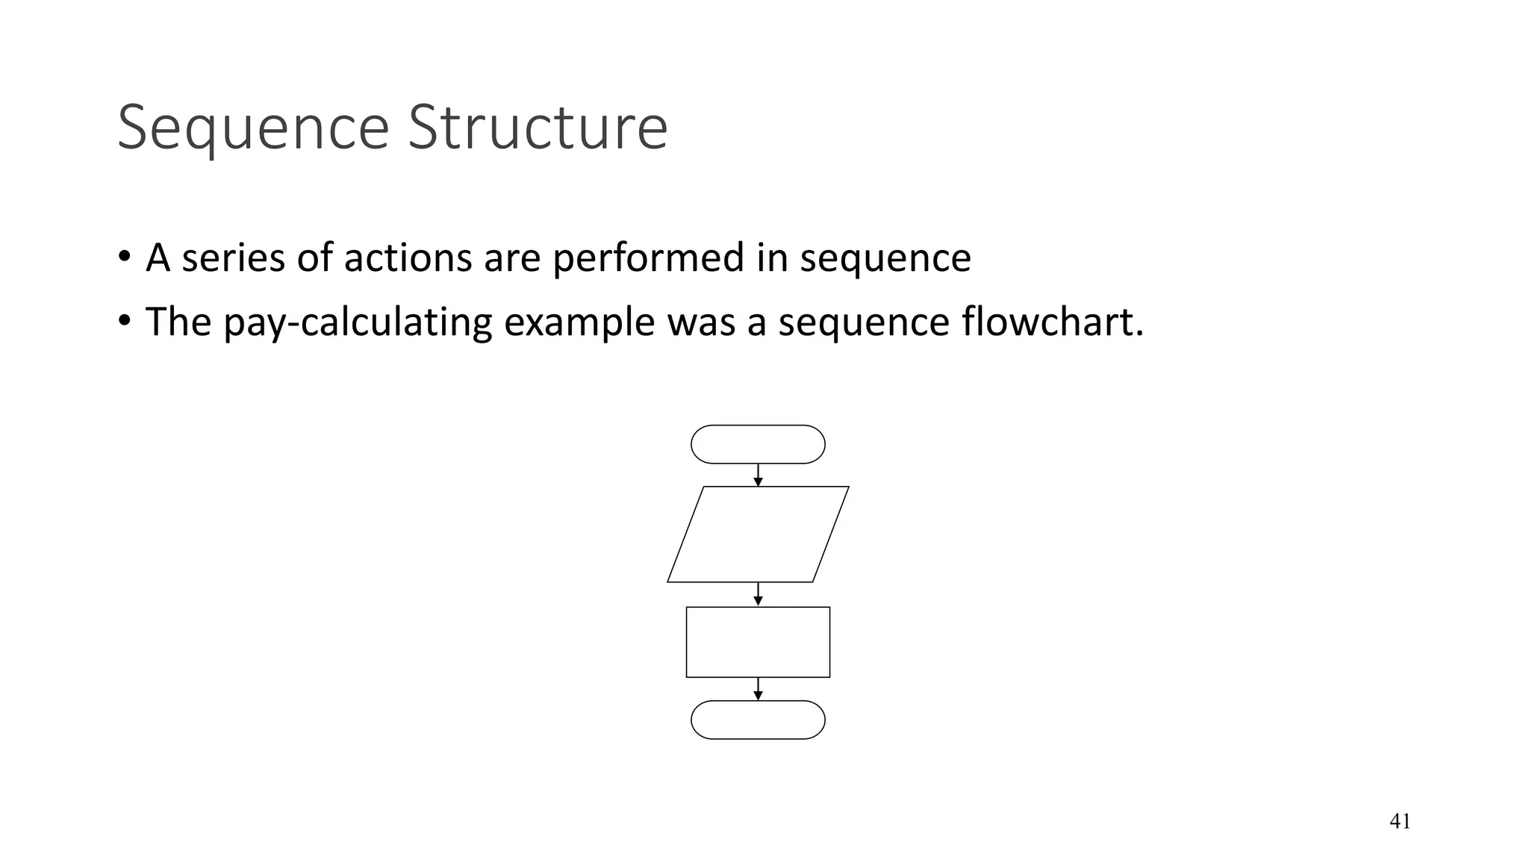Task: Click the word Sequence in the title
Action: point(253,128)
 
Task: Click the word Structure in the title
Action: point(538,128)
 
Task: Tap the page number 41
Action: point(1400,821)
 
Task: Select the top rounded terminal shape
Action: point(758,444)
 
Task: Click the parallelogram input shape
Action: point(758,534)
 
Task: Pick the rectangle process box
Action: point(758,642)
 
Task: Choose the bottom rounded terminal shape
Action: point(758,720)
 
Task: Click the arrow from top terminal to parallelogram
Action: point(758,476)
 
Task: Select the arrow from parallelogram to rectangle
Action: point(758,594)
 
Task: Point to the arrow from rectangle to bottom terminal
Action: point(758,689)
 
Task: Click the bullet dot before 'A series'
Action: point(124,258)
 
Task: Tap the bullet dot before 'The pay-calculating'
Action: point(124,321)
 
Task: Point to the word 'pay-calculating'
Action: point(357,322)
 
